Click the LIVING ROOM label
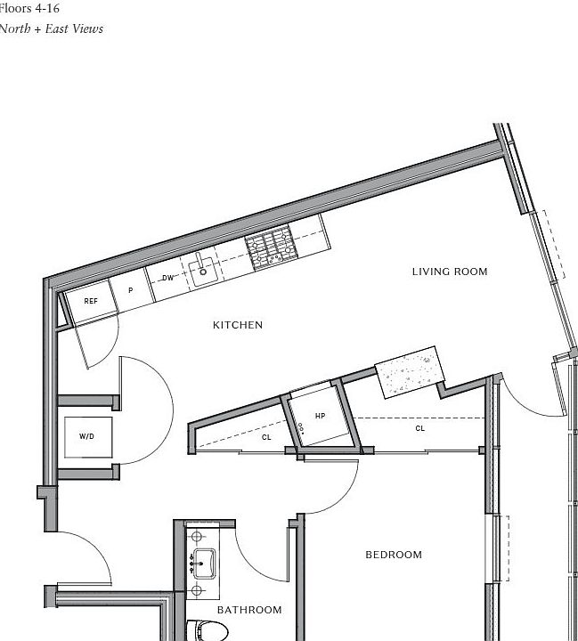(x=450, y=272)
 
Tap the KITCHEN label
(x=238, y=325)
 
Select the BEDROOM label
(x=394, y=555)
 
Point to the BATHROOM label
(x=249, y=610)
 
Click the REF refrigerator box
(x=90, y=301)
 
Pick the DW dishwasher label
(x=167, y=278)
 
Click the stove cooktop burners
(x=270, y=247)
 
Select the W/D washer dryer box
(x=87, y=436)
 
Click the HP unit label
(x=321, y=416)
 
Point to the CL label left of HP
(x=266, y=437)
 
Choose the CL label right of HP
(x=420, y=428)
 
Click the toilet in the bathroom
(x=209, y=631)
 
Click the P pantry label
(x=130, y=290)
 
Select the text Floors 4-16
(x=29, y=8)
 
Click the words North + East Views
(x=51, y=28)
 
